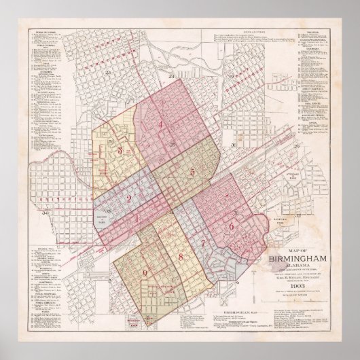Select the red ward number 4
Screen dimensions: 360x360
[x=160, y=124]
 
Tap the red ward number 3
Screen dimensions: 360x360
[x=120, y=151]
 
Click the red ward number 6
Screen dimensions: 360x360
[x=232, y=227]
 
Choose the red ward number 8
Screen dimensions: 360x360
[x=181, y=256]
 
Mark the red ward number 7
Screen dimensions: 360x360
[x=202, y=242]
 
